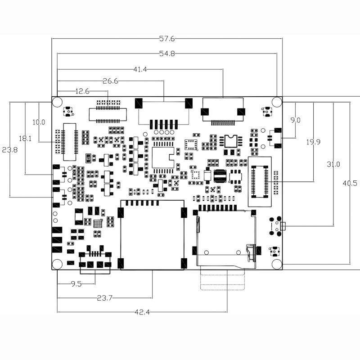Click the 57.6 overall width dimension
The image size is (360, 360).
[167, 39]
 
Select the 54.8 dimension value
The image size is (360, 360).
[167, 54]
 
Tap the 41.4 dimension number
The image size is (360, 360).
[140, 69]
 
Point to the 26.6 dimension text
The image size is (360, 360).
[110, 81]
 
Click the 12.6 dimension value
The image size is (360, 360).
[82, 91]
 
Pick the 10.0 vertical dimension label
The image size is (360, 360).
[39, 122]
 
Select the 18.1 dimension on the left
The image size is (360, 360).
[25, 139]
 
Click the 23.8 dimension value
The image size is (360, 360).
[9, 150]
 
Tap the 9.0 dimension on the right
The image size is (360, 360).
[295, 120]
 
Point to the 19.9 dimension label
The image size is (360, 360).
[313, 142]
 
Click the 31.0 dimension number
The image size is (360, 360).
[333, 164]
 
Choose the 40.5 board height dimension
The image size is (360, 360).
[350, 183]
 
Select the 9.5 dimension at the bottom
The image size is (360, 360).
[76, 284]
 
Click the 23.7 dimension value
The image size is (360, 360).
[105, 298]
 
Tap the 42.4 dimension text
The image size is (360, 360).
[142, 312]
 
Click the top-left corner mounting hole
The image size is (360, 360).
[57, 102]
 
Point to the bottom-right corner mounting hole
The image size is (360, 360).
[277, 264]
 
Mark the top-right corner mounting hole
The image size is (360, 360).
[277, 102]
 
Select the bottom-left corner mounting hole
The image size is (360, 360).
[57, 264]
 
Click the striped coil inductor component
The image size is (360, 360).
[220, 176]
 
